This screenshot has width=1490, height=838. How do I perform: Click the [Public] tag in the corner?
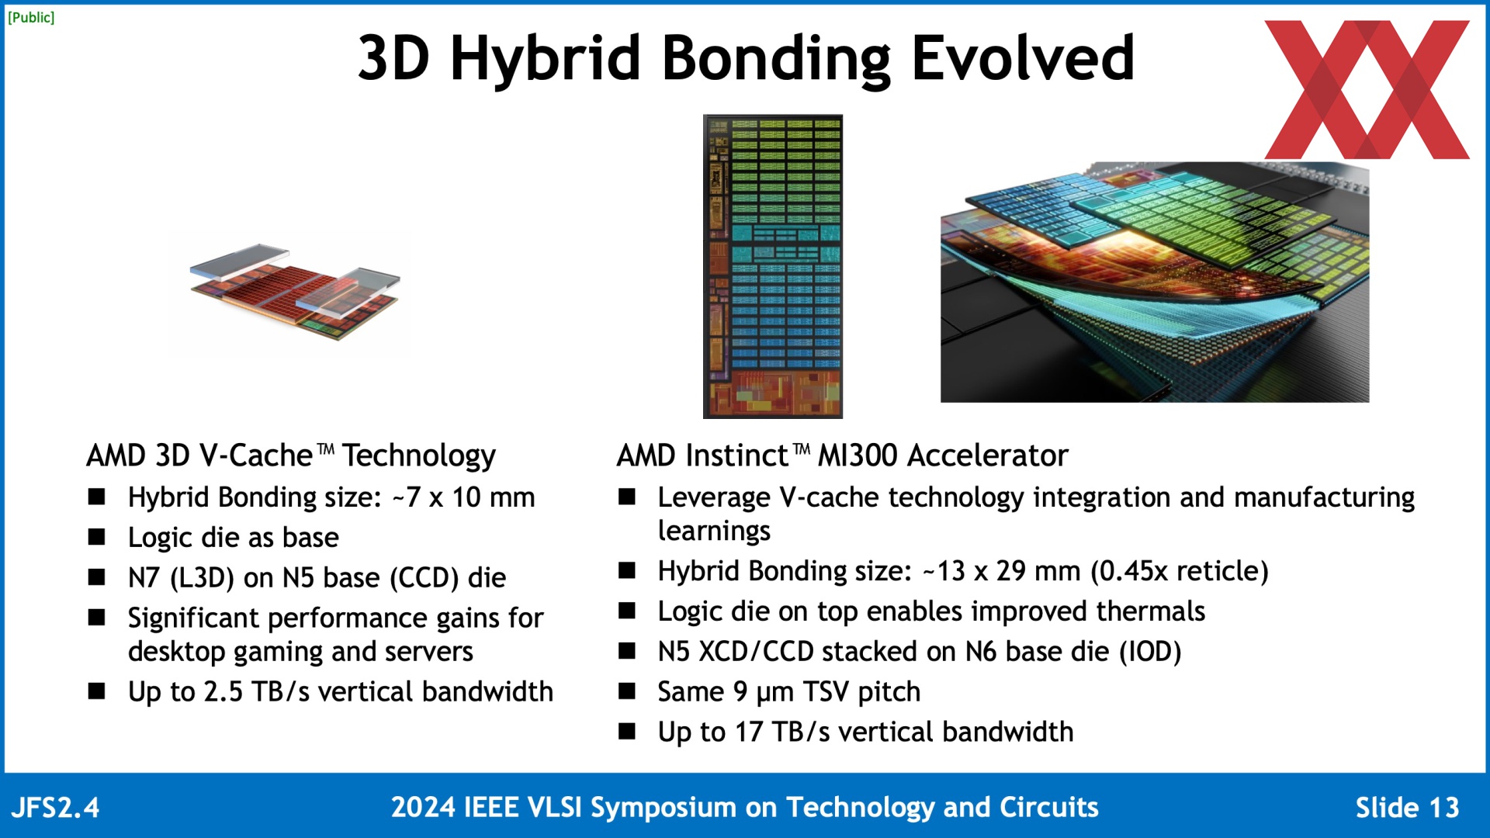click(x=31, y=17)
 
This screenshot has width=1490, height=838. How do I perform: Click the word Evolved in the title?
click(x=1023, y=58)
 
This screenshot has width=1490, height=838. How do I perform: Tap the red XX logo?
click(x=1367, y=89)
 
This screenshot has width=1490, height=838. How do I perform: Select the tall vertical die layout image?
click(x=772, y=266)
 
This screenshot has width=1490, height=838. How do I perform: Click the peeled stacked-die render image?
click(x=1155, y=282)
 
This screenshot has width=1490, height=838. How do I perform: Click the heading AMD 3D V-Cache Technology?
click(x=291, y=455)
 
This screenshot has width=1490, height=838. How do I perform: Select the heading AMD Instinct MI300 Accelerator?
click(x=842, y=455)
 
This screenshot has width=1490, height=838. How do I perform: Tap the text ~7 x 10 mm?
click(x=463, y=497)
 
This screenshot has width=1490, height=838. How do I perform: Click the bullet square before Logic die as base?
click(x=97, y=537)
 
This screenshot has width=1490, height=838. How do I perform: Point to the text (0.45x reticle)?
click(x=1180, y=571)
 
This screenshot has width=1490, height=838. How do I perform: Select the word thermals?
click(x=1151, y=611)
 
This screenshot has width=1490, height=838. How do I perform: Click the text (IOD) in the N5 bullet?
click(x=1150, y=652)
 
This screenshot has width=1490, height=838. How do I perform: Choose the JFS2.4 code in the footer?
click(x=55, y=808)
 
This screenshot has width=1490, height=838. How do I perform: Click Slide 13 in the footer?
click(x=1407, y=808)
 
